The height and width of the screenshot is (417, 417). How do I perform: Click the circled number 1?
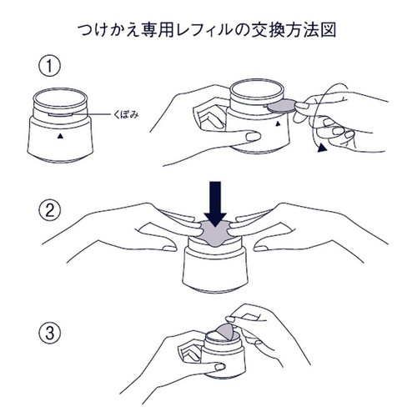tap(49, 66)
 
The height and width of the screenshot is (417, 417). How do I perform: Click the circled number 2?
tap(49, 210)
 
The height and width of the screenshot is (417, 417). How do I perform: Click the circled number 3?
tap(49, 333)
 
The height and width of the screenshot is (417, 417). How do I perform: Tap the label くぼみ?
tap(126, 114)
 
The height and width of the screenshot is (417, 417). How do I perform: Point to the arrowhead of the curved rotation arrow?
tap(322, 148)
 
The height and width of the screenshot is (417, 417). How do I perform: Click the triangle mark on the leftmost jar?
tap(60, 136)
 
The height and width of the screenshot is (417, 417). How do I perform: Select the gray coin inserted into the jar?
tap(282, 105)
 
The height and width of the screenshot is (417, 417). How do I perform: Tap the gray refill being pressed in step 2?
tap(215, 233)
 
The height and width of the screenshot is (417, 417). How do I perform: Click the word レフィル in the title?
tap(205, 30)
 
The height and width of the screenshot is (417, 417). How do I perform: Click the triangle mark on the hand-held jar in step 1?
tap(278, 123)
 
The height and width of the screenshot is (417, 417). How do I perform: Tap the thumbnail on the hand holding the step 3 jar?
tap(220, 367)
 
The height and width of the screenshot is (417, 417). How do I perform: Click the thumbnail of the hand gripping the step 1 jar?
tap(254, 136)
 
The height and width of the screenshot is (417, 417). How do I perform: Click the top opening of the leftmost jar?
tap(60, 98)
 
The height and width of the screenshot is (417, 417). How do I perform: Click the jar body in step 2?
tap(214, 269)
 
